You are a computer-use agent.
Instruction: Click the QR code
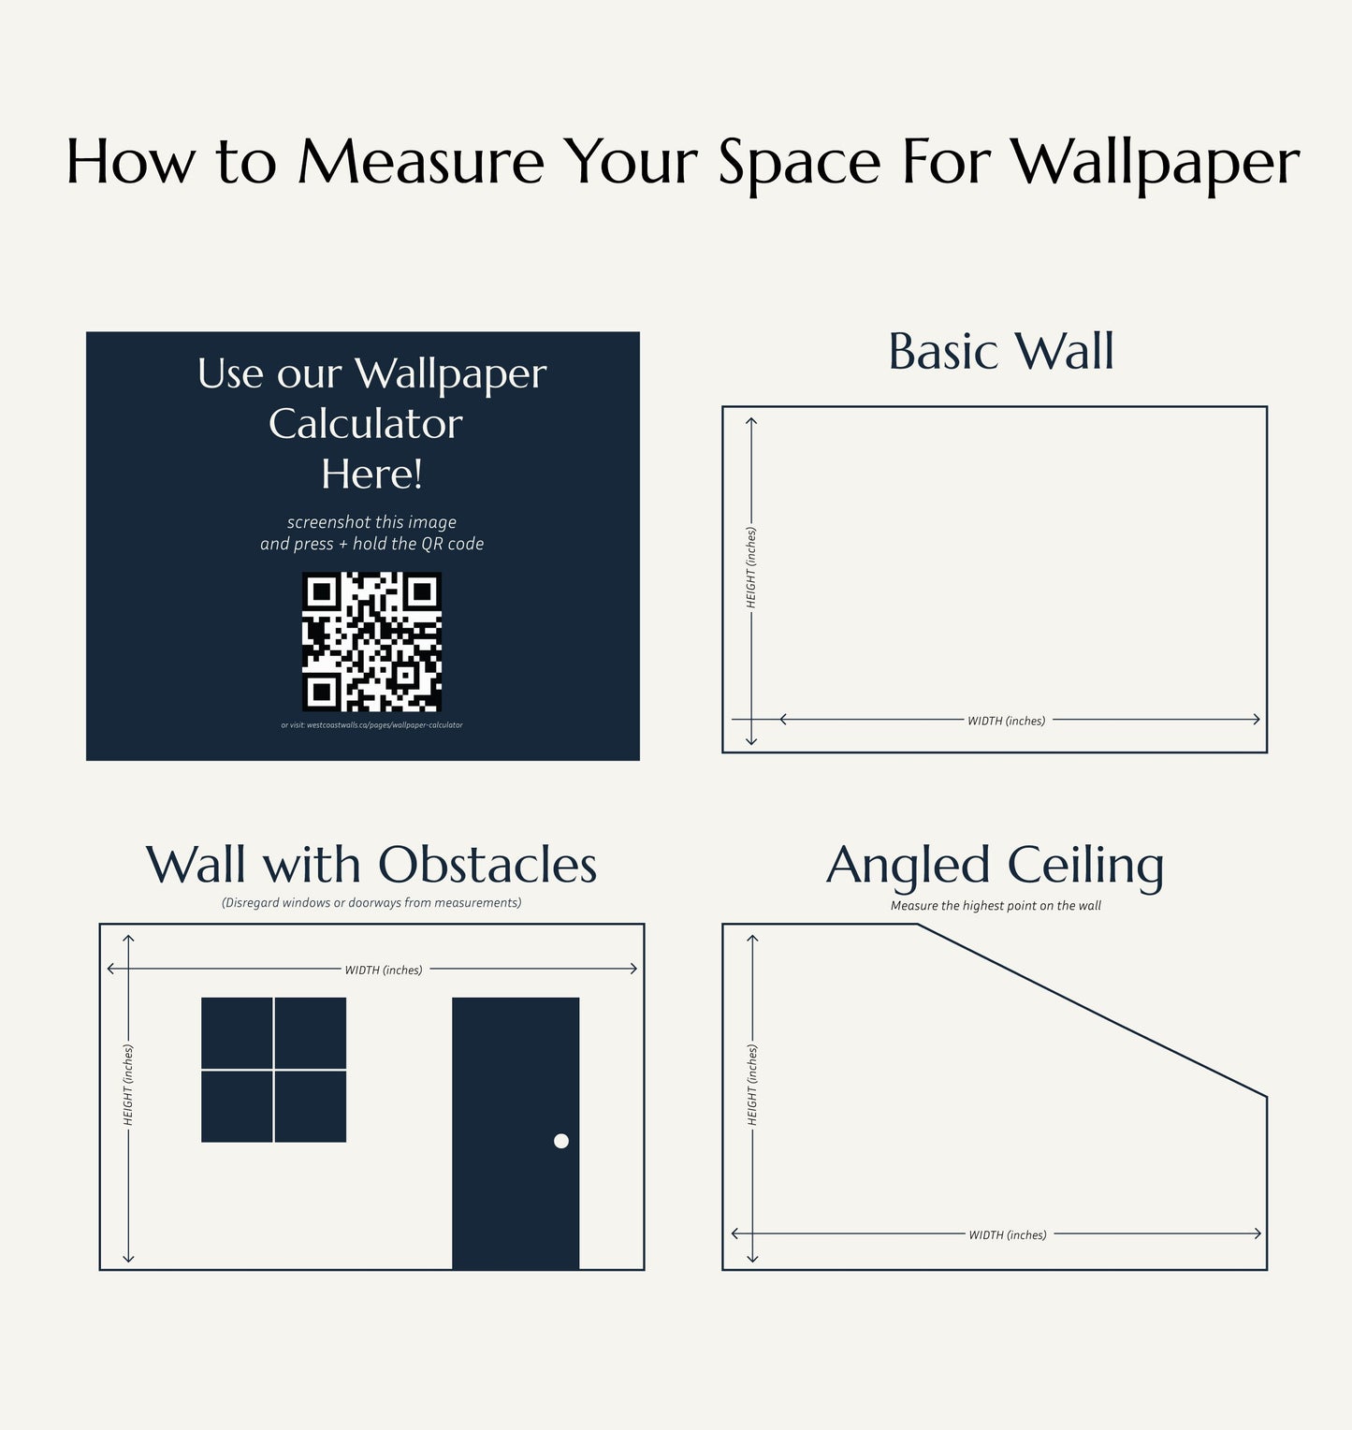point(371,641)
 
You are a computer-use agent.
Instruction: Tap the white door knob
point(561,1141)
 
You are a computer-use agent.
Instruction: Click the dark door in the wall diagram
point(516,1076)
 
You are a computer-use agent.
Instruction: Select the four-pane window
point(273,1070)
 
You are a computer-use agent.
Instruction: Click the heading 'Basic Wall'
point(1000,352)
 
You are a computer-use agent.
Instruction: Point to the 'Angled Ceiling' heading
point(995,866)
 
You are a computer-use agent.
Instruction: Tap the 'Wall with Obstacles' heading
point(371,865)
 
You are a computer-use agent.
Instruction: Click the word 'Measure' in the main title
point(421,162)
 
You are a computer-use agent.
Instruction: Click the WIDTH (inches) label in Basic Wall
point(1006,721)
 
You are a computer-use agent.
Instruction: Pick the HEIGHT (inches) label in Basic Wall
point(751,567)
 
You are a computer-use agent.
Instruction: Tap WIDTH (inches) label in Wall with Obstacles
point(384,970)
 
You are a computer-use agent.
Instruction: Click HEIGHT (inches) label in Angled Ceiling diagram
point(752,1086)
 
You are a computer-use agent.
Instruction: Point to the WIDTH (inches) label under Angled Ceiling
point(1007,1235)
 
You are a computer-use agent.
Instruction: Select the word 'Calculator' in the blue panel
point(366,424)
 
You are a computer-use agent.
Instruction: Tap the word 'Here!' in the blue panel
point(371,474)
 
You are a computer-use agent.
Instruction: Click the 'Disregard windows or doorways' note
point(371,903)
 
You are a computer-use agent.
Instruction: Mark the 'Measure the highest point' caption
point(996,906)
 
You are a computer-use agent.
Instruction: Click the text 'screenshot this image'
point(371,522)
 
